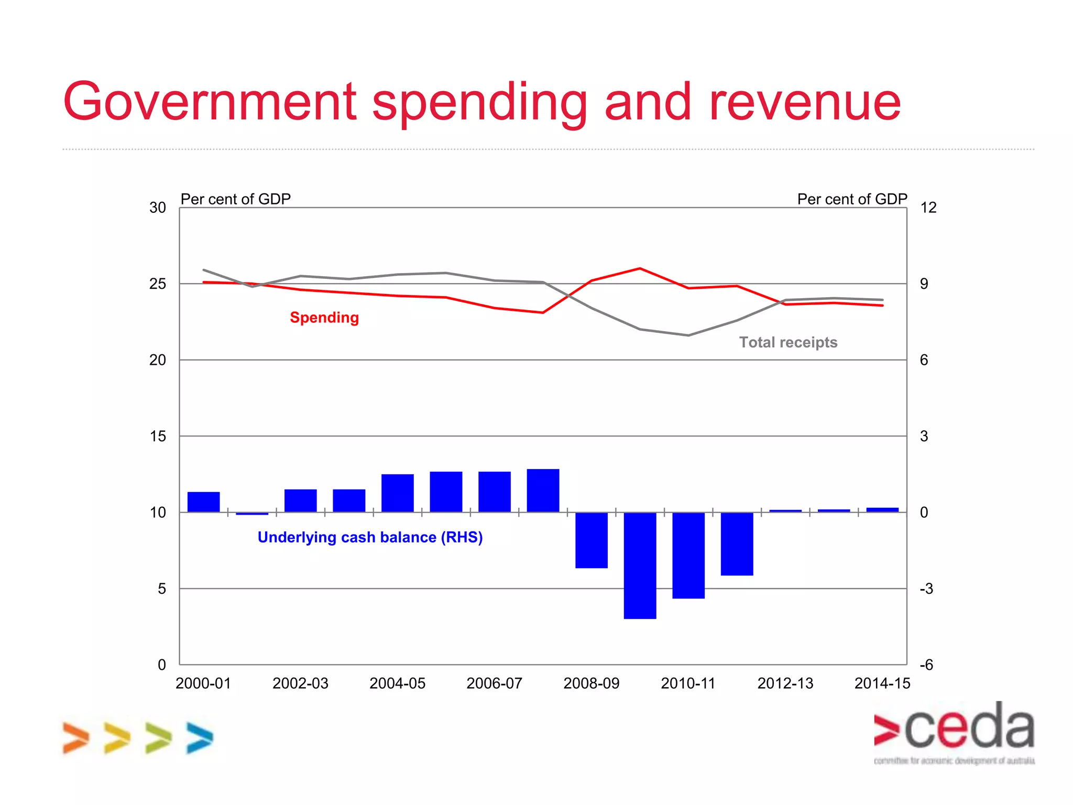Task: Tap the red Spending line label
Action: (324, 318)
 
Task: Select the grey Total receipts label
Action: (788, 342)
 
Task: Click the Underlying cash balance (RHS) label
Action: (370, 537)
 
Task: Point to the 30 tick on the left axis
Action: (157, 208)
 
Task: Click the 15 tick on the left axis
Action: (157, 437)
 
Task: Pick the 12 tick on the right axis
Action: (928, 208)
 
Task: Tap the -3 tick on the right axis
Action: (926, 589)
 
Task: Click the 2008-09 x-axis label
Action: (591, 683)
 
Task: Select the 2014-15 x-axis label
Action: (882, 683)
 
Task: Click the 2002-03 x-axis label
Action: (300, 683)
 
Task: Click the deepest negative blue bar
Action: (640, 566)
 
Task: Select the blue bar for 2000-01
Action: (203, 502)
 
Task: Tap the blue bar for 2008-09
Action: (591, 540)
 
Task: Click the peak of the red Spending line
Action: (640, 269)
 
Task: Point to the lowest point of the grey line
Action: (688, 335)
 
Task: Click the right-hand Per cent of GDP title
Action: (852, 199)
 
